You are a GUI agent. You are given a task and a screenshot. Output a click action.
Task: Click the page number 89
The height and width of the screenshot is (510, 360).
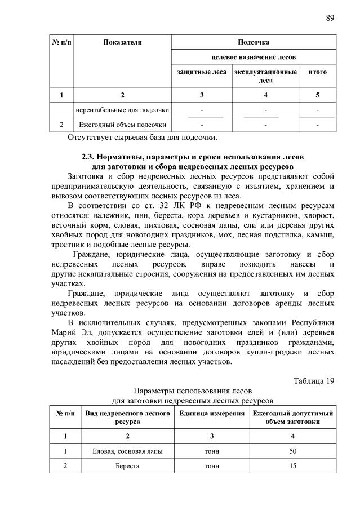pos(330,18)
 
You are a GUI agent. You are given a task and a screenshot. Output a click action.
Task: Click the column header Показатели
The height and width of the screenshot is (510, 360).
pos(122,42)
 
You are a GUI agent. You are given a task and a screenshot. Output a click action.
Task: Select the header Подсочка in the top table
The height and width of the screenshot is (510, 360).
pos(254,42)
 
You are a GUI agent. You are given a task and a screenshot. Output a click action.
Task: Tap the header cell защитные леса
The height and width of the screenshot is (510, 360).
pos(202,72)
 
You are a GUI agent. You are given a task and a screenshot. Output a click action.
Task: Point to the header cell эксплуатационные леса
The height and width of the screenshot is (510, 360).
pos(265,76)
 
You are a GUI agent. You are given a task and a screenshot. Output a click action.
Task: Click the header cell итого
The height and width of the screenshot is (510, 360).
pos(317,72)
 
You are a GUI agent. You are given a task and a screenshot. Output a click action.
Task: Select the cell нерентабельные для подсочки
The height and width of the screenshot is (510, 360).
pos(123,109)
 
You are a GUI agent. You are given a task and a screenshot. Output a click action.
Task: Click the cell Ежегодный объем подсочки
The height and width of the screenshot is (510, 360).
pos(123,124)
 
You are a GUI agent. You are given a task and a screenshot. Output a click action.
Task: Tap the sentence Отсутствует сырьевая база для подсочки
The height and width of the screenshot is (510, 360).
pos(142,137)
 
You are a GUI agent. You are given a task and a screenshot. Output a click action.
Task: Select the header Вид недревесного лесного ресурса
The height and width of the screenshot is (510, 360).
pos(127,418)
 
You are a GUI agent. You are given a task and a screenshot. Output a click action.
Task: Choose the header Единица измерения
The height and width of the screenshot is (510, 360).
pos(212,414)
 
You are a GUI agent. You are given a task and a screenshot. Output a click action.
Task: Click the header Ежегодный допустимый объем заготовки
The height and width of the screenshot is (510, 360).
pos(292,418)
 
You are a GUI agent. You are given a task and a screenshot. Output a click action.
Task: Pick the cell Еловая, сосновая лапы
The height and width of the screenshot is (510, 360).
pos(127,451)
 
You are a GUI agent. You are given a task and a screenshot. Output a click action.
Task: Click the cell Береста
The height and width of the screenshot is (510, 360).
pos(127,466)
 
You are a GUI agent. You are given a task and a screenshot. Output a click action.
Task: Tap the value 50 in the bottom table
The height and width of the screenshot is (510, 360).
pos(292,451)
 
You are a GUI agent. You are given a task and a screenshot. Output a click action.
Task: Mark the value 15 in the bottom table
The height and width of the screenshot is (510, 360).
pos(292,466)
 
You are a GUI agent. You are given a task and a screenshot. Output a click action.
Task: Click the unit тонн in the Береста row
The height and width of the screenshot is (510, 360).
pos(212,466)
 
